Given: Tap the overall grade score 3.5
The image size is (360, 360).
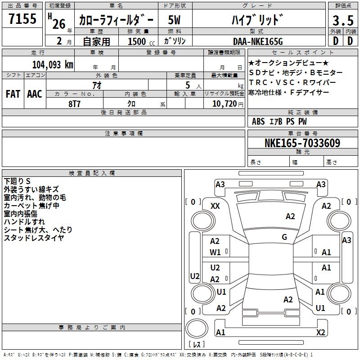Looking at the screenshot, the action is pos(342,21).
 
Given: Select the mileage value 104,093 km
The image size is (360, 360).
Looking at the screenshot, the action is pos(53,65).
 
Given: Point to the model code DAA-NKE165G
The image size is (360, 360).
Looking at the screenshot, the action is pos(258,41).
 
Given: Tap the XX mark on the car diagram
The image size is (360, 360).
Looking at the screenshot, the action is pos(215,206).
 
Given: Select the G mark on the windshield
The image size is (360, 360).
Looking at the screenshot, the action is pos(284,237).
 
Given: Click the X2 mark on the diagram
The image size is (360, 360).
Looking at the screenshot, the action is pos(320,333).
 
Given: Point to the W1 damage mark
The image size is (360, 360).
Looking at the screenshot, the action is pos(215,252).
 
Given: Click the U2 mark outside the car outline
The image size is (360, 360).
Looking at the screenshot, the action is pos(194,276).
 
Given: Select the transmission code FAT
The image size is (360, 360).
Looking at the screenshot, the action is pos(13,94).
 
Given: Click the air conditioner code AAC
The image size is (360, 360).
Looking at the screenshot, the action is pos(34,94).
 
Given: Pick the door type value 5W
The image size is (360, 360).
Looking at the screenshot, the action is pos(175,20).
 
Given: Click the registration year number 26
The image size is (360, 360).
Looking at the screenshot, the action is pos(58,24).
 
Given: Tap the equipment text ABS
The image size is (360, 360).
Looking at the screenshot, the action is pos(258,121).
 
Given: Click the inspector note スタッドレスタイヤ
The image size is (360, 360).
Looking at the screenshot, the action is pos(34,238).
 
